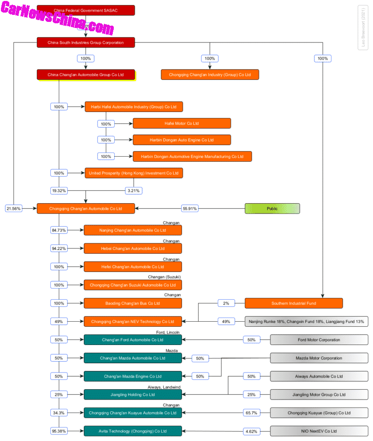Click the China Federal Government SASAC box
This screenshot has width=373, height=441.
click(86, 10)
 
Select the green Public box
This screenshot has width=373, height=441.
click(272, 208)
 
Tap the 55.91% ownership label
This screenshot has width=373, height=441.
click(190, 208)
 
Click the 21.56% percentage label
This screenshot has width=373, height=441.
click(14, 208)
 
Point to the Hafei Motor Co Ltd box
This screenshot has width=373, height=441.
click(181, 123)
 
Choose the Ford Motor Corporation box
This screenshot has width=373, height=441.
click(319, 340)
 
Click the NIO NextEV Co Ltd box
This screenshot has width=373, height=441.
click(319, 431)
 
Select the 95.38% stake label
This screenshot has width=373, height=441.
click(59, 431)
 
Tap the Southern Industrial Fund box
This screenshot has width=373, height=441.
click(294, 303)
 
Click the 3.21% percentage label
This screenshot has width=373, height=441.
click(133, 191)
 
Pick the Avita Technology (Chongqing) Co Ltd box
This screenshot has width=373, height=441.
click(133, 431)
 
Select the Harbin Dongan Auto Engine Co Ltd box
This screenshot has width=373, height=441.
click(181, 140)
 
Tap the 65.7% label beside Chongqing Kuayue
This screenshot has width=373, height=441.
click(251, 413)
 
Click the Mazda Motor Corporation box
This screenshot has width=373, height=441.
click(319, 358)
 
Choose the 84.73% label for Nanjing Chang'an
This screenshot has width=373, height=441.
click(59, 230)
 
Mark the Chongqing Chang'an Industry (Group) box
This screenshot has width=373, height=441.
click(210, 75)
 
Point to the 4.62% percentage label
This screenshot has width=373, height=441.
click(251, 431)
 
